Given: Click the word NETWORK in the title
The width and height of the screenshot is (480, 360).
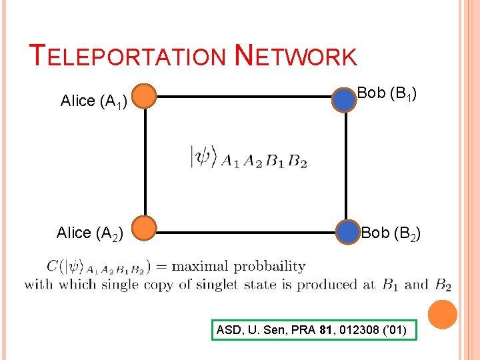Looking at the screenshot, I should tap(296, 56).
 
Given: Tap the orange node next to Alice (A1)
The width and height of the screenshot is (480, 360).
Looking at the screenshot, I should tap(144, 97).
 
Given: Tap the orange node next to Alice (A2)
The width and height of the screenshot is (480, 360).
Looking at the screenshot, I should tap(144, 228).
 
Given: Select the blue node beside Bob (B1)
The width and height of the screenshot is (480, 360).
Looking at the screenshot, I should tap(345, 99).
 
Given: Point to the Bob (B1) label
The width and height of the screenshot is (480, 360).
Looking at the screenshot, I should tap(387, 94).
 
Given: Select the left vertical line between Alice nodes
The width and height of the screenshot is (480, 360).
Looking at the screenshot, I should tap(145, 163).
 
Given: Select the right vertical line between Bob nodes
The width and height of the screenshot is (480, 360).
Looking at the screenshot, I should tap(347, 165).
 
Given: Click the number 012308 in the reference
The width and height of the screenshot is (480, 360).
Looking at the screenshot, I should tap(360, 329).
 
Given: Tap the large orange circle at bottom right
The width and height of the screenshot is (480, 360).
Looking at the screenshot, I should tap(442, 315).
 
